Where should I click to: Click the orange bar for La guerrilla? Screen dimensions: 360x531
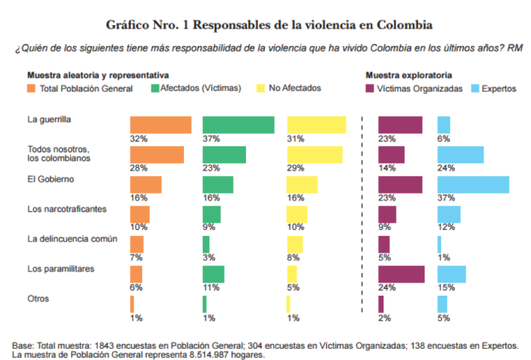(160, 125)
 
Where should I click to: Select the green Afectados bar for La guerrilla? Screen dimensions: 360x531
(238, 125)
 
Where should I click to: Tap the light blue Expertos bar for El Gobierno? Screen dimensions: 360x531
(473, 185)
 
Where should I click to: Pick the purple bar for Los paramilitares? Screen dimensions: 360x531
(401, 274)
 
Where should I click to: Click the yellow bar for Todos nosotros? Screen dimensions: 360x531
(315, 154)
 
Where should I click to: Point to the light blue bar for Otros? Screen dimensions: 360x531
(442, 304)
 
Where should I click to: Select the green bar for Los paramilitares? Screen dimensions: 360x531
(213, 274)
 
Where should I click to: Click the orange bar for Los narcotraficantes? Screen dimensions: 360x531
(140, 215)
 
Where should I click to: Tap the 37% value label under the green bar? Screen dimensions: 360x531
(211, 138)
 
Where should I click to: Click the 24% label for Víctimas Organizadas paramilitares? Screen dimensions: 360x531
(386, 287)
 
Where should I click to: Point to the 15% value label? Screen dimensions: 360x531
(446, 287)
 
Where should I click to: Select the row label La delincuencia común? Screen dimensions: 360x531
(73, 239)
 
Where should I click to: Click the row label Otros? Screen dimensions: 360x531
(38, 299)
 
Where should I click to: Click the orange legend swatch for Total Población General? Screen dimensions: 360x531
(31, 88)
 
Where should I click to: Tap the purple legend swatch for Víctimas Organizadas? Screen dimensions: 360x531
(370, 88)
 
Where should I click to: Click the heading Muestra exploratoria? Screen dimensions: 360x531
(408, 76)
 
